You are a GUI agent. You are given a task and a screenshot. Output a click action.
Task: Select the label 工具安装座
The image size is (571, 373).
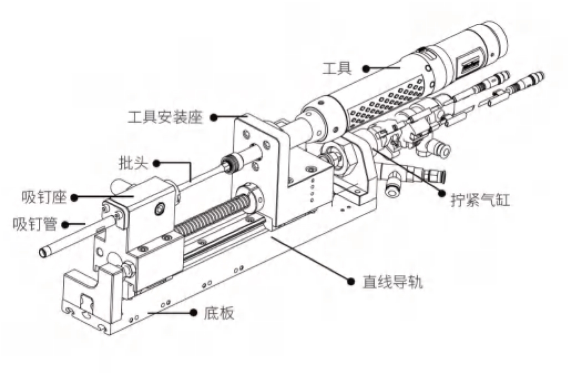click(164, 117)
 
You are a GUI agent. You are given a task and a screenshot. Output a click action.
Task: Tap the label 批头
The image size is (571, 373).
click(131, 163)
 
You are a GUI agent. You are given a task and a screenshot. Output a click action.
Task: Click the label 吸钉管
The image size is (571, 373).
click(32, 224)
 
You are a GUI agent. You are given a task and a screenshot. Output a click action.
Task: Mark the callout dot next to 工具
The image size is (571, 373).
click(366, 69)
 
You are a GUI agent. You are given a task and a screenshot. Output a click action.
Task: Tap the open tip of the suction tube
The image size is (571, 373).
click(43, 253)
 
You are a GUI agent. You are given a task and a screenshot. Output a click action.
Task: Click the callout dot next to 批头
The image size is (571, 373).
click(157, 163)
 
